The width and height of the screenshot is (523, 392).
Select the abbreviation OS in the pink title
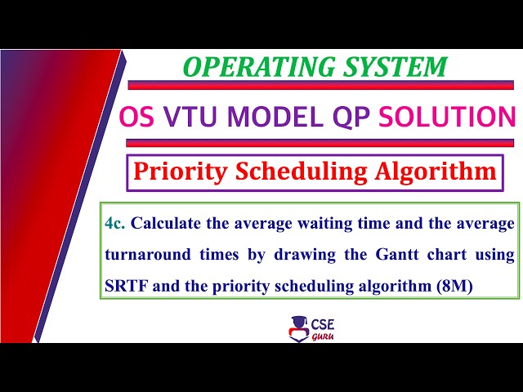(x=138, y=117)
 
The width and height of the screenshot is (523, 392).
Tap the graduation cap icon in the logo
(x=298, y=324)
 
